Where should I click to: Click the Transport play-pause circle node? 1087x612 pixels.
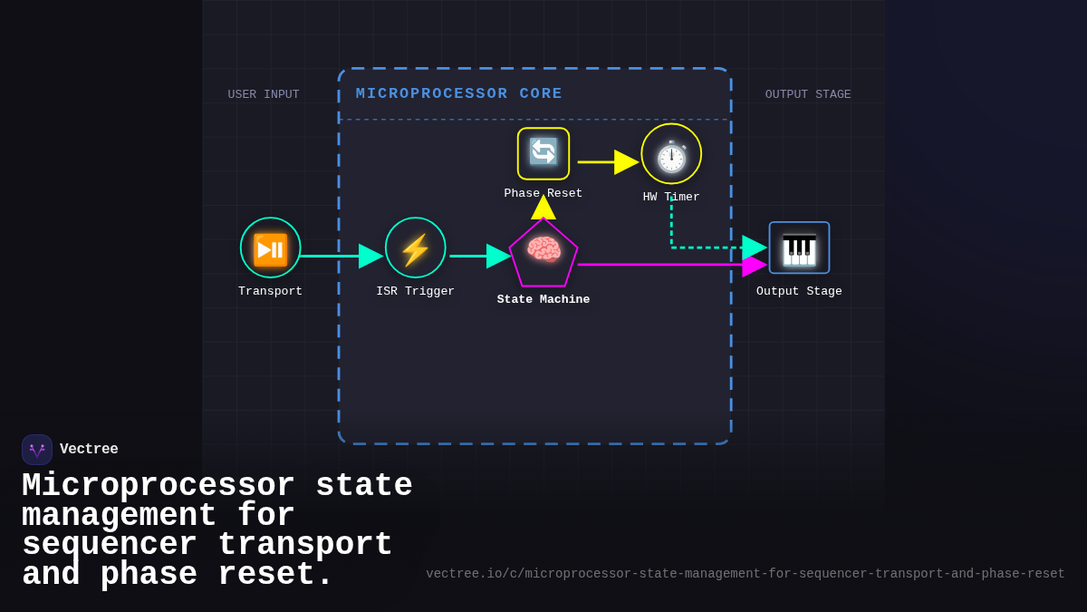(x=270, y=248)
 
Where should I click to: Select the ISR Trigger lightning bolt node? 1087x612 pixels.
(x=415, y=248)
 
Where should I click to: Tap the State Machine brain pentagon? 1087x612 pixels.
(x=543, y=253)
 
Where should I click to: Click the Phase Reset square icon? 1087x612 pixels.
(x=543, y=153)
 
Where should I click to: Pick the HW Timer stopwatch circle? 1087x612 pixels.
(x=671, y=154)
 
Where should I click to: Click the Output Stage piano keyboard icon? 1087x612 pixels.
(x=799, y=248)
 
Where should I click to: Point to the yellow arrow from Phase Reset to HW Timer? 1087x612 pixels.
(x=607, y=162)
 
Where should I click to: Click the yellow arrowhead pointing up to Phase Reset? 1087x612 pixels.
(x=543, y=208)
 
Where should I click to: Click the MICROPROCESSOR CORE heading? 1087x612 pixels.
(x=458, y=93)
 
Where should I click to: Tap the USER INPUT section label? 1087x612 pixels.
(x=263, y=94)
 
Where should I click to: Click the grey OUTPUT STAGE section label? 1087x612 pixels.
(x=807, y=94)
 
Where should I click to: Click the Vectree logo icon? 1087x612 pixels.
(x=37, y=450)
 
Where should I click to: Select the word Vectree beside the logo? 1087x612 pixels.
(x=89, y=450)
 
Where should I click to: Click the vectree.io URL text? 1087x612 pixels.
(x=745, y=574)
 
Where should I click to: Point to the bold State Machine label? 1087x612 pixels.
(x=543, y=299)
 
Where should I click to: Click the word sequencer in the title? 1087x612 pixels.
(x=109, y=546)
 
